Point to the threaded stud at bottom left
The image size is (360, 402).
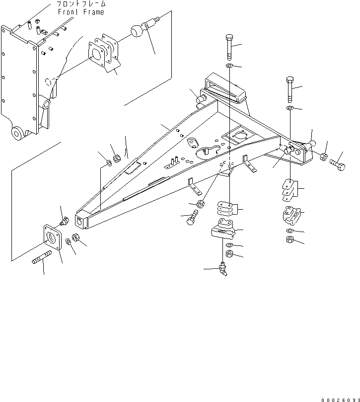pos(43,259)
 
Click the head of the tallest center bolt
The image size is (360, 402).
pos(230,38)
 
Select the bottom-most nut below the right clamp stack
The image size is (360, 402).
pos(289,241)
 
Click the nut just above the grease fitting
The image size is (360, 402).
pos(230,254)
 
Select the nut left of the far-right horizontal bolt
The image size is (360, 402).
pos(322,157)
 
